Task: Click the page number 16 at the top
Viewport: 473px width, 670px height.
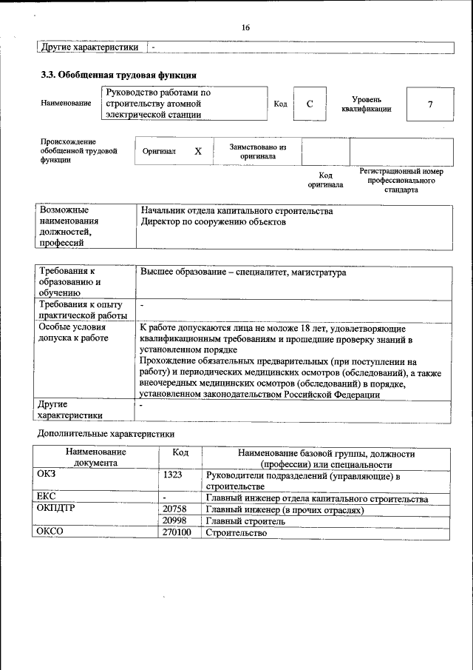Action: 245,27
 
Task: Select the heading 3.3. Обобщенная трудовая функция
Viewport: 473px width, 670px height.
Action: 118,75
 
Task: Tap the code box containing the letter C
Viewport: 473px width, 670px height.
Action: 310,104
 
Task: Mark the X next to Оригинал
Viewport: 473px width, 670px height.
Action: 197,151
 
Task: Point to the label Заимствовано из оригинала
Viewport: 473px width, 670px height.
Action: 257,152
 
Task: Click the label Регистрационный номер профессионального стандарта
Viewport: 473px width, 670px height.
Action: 401,180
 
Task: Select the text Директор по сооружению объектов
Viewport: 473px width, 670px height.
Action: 213,222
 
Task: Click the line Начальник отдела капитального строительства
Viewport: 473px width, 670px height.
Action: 236,211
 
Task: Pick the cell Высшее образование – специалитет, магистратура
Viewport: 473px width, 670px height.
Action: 243,273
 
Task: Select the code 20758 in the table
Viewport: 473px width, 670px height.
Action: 174,510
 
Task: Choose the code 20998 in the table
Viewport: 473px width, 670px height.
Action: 174,521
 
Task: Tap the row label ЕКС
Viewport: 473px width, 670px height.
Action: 47,497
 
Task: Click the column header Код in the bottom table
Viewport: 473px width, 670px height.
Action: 180,453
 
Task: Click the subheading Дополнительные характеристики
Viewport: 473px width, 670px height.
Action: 106,433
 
